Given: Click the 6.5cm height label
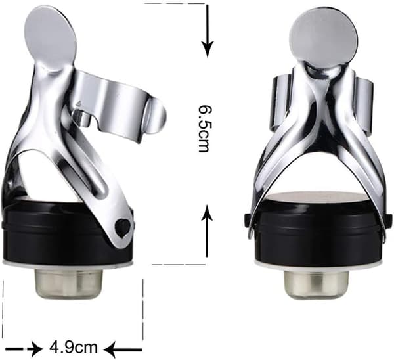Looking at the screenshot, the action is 204,129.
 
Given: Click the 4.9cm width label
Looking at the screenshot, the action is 73,347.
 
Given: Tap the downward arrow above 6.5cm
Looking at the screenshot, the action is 208,30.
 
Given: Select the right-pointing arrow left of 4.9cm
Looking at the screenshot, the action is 24,349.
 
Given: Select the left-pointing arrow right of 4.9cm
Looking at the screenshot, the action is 123,349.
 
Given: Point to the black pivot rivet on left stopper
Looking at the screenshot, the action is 122,228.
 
